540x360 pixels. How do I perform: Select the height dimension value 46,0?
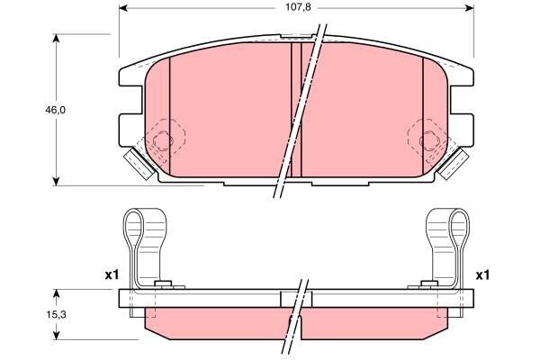point(56,110)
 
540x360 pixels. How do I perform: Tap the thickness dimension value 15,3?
point(56,314)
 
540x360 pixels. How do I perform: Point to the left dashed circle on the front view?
point(164,139)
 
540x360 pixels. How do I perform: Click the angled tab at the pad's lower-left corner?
point(138,163)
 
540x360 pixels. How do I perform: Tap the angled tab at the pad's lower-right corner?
point(452,163)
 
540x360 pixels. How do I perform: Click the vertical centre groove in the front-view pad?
point(296,108)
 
